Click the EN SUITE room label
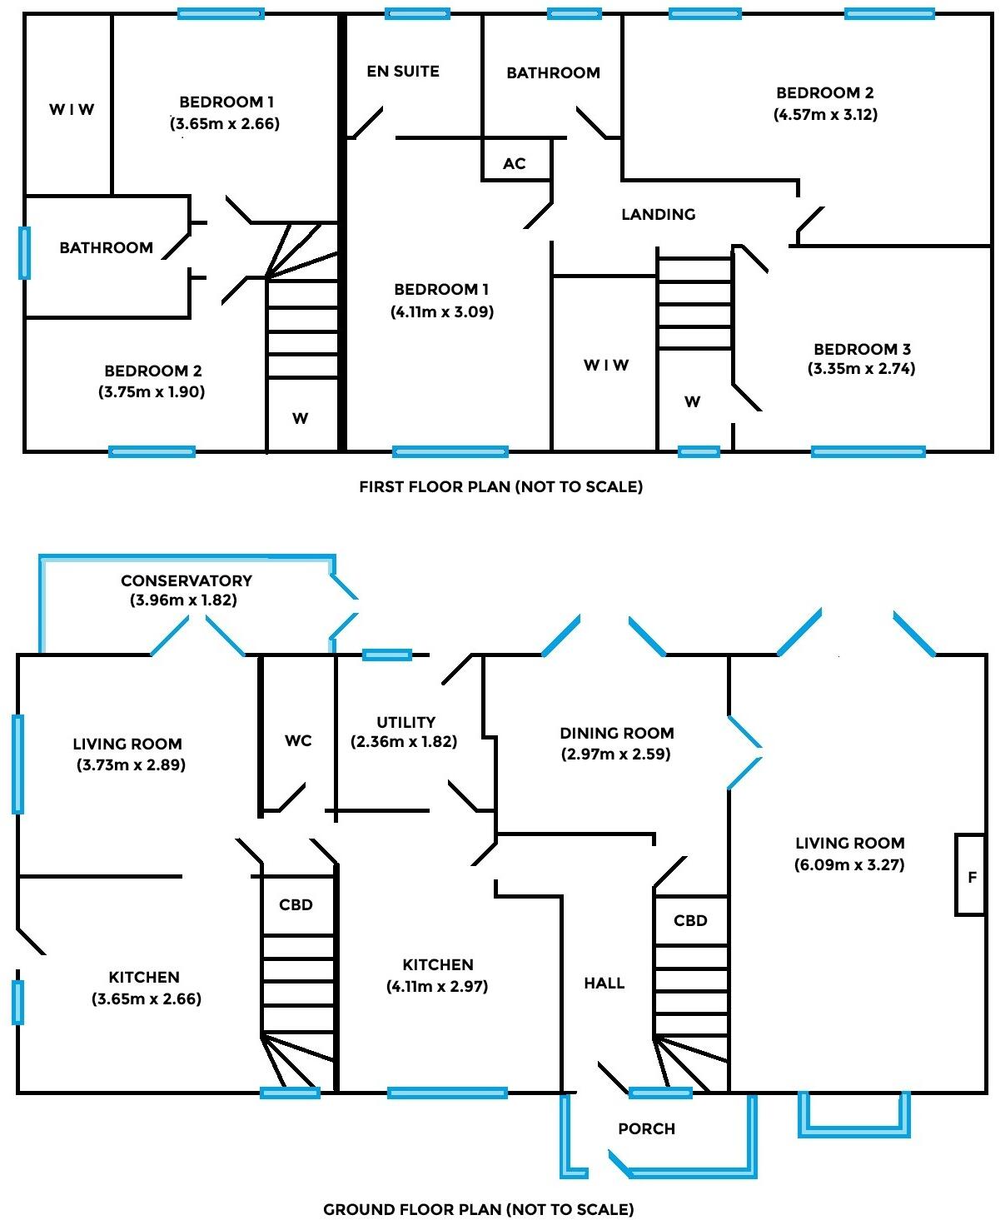point(403,72)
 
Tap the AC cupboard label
point(515,164)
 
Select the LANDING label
point(658,215)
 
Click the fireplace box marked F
point(971,876)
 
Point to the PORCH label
point(646,1129)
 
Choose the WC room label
point(298,740)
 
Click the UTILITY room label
point(405,723)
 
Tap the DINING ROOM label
point(616,734)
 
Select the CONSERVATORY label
point(186,580)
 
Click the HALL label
point(604,983)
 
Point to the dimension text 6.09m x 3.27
point(849,864)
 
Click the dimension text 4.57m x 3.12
point(825,115)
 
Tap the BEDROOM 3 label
point(861,349)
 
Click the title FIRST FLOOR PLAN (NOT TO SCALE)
point(500,486)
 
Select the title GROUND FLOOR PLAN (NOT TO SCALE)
point(478,1209)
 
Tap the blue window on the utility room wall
point(387,655)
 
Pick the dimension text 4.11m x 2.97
point(437,987)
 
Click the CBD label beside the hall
point(690,921)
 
